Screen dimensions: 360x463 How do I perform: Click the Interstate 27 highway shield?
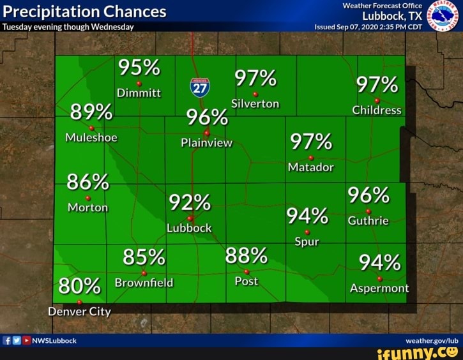coord(200,87)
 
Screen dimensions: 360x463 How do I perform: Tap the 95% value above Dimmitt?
coord(139,67)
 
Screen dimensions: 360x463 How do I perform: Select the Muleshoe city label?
coord(91,137)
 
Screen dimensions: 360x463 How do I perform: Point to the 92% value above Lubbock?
coord(189,203)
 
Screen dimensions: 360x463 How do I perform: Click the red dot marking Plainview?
coord(206,133)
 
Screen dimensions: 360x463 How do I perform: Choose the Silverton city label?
coord(255,103)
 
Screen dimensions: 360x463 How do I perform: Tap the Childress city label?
coord(377,110)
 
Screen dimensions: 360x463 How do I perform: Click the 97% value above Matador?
coord(311,142)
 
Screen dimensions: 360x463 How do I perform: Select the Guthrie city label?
coord(368,221)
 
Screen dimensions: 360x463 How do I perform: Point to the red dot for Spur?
coord(307,232)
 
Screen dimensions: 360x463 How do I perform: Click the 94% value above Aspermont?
coord(379,262)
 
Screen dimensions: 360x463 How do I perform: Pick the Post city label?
coord(247,281)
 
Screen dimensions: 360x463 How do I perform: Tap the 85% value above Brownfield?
coord(144,257)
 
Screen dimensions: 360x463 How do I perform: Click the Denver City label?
coord(79,311)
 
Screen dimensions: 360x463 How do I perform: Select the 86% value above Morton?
coord(87,182)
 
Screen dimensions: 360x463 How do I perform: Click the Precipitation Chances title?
coord(84,11)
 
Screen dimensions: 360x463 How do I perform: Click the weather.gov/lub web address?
coord(436,340)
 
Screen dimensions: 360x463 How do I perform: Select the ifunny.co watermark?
coord(418,352)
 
